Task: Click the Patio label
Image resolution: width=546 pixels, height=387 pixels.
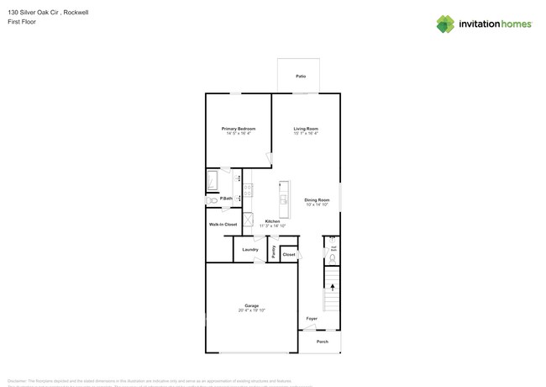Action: pos(300,76)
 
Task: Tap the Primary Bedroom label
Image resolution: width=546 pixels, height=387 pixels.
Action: pos(239,129)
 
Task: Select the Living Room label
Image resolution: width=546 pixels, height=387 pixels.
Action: pos(306,129)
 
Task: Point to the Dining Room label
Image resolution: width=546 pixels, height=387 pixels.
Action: pos(317,200)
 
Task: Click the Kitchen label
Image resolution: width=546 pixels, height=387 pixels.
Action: pos(272,221)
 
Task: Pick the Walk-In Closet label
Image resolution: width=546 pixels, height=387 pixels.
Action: pos(223,225)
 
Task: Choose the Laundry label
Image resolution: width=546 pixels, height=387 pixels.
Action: pos(250,250)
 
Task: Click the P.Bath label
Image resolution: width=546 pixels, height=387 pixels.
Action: pos(226,199)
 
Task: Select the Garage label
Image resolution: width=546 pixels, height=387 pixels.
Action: pos(251,305)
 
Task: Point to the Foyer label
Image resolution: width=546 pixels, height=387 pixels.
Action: pos(312,319)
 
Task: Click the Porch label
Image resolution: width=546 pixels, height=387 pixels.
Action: pos(323,342)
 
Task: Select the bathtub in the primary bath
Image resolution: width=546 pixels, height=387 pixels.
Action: pos(213,180)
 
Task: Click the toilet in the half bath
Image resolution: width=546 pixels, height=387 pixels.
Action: pos(333,258)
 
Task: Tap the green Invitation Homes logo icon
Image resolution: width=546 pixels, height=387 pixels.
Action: pos(444,24)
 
